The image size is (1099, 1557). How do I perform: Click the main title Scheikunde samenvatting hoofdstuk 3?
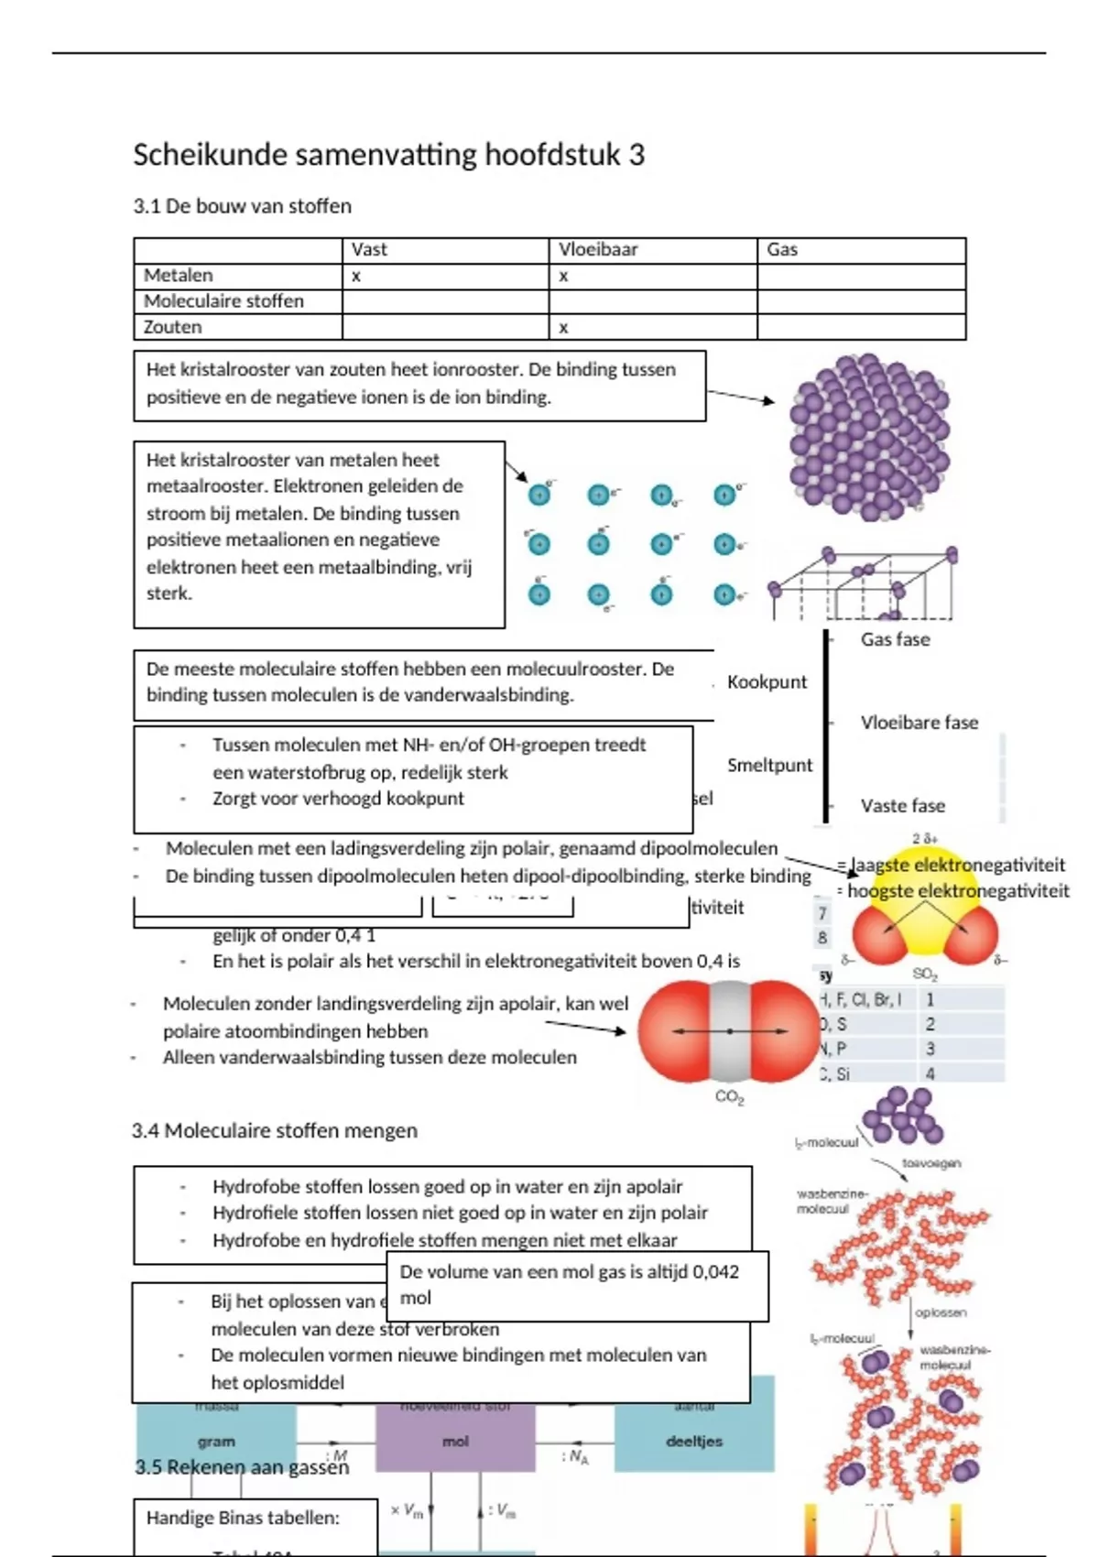tap(388, 155)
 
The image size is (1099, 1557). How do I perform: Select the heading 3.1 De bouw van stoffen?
tap(242, 206)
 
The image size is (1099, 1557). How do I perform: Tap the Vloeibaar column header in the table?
tap(598, 249)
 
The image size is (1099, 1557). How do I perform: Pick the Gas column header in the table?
tap(782, 249)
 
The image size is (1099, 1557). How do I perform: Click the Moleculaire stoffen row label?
tap(223, 301)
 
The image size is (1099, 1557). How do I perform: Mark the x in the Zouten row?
tap(563, 327)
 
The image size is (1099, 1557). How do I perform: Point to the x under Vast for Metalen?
tap(356, 276)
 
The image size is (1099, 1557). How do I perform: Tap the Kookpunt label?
tap(767, 681)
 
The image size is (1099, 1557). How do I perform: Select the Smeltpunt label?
tap(769, 765)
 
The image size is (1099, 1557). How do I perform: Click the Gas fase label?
tap(895, 639)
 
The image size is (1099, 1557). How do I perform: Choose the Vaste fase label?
tap(902, 806)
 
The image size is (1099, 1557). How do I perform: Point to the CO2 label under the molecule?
tap(729, 1097)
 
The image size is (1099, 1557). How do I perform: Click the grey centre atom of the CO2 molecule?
tap(729, 1030)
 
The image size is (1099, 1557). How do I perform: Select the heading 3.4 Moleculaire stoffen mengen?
tap(274, 1131)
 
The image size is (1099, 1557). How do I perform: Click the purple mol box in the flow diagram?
tap(455, 1441)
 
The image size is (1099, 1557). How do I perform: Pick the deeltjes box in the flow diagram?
tap(693, 1441)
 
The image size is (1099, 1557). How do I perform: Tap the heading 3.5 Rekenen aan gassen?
tap(242, 1467)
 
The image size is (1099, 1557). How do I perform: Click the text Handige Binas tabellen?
tap(243, 1518)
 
